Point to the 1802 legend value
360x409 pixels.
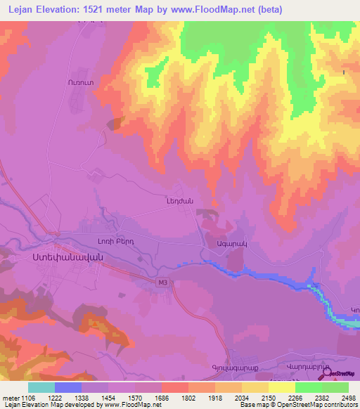point(174,398)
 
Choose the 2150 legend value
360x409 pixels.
point(255,398)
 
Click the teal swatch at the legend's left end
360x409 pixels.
point(41,387)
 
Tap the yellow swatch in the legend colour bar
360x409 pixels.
point(281,387)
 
